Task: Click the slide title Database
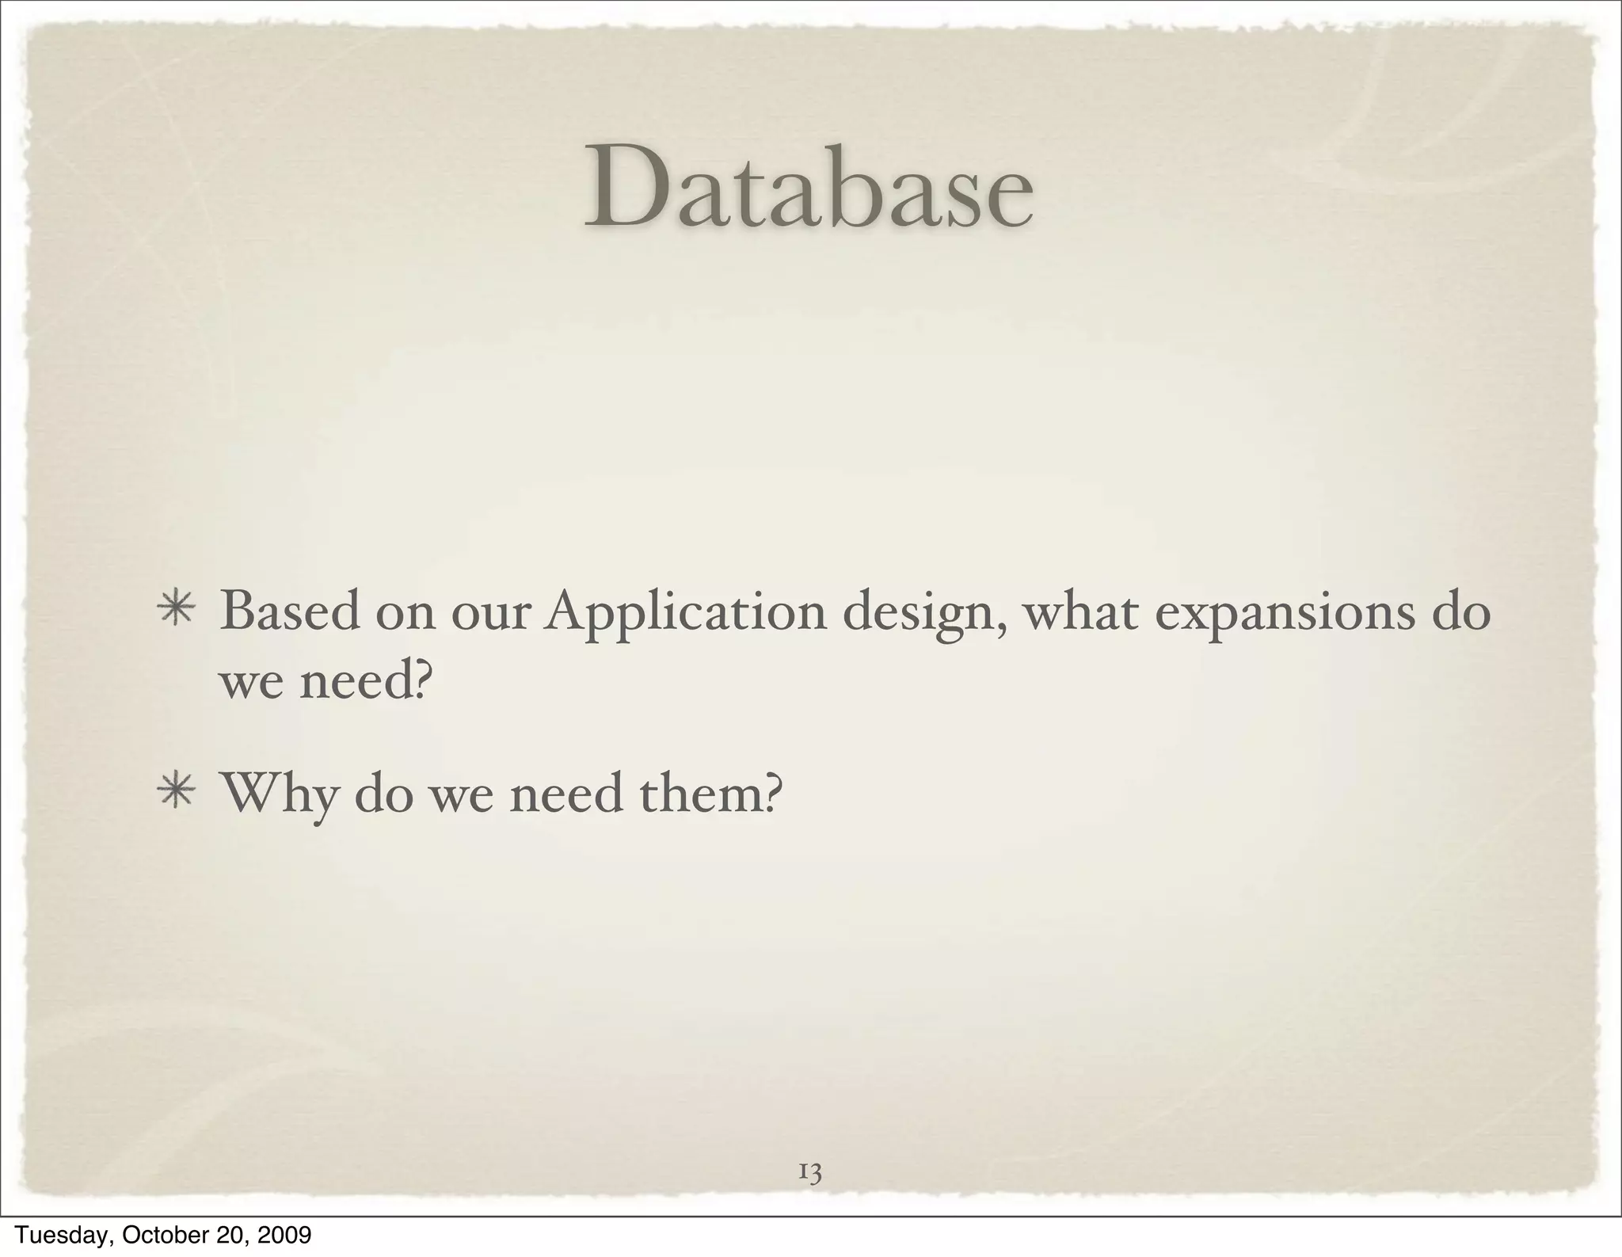(809, 186)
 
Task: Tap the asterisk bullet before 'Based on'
(176, 613)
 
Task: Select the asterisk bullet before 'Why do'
(176, 794)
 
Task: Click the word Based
(290, 611)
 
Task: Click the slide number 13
(809, 1171)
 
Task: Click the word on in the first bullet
(405, 613)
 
